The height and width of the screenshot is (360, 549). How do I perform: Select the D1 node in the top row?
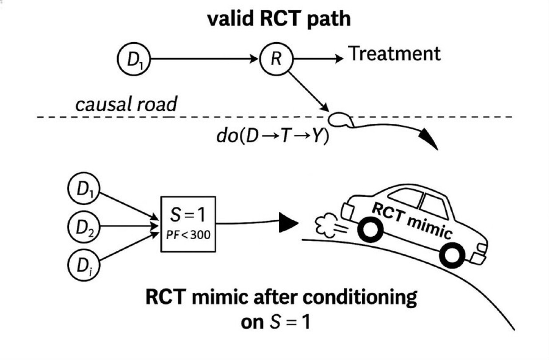tap(134, 59)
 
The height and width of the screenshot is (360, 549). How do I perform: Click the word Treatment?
tap(394, 54)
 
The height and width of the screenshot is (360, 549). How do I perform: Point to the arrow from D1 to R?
tap(204, 59)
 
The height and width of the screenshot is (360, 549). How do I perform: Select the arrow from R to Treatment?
tap(318, 59)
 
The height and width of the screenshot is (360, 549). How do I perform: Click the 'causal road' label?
tap(126, 105)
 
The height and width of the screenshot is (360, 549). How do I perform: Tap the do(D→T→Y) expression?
tap(273, 136)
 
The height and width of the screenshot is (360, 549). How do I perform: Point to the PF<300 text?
tap(187, 234)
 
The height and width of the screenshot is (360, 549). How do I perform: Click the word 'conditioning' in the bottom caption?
tap(358, 297)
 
